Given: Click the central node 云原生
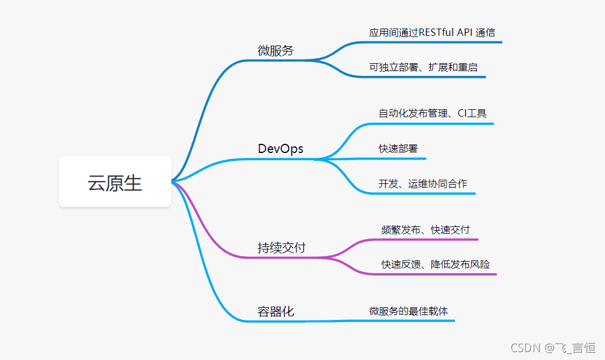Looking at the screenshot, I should click(x=115, y=182).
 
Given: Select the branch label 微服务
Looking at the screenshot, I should click(x=275, y=51).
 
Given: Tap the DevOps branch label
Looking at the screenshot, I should click(x=280, y=149).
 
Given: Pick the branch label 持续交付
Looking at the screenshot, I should click(x=281, y=248).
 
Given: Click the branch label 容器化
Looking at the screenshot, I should click(x=275, y=311).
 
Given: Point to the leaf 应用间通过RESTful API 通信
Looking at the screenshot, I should click(x=432, y=33).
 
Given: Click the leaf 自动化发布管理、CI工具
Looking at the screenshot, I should click(x=432, y=113).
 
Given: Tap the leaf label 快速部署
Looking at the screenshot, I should click(x=398, y=149).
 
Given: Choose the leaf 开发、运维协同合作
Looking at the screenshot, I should click(x=423, y=183).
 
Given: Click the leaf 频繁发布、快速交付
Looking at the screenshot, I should click(x=425, y=229).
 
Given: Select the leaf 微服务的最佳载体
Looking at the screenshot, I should click(x=408, y=311).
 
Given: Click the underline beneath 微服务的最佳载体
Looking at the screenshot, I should click(x=413, y=320).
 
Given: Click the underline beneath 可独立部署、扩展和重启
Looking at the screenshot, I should click(x=425, y=76).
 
